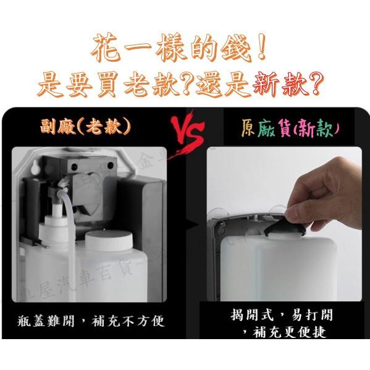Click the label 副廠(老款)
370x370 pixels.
pos(92,127)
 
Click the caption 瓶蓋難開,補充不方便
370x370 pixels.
pos(91,322)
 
